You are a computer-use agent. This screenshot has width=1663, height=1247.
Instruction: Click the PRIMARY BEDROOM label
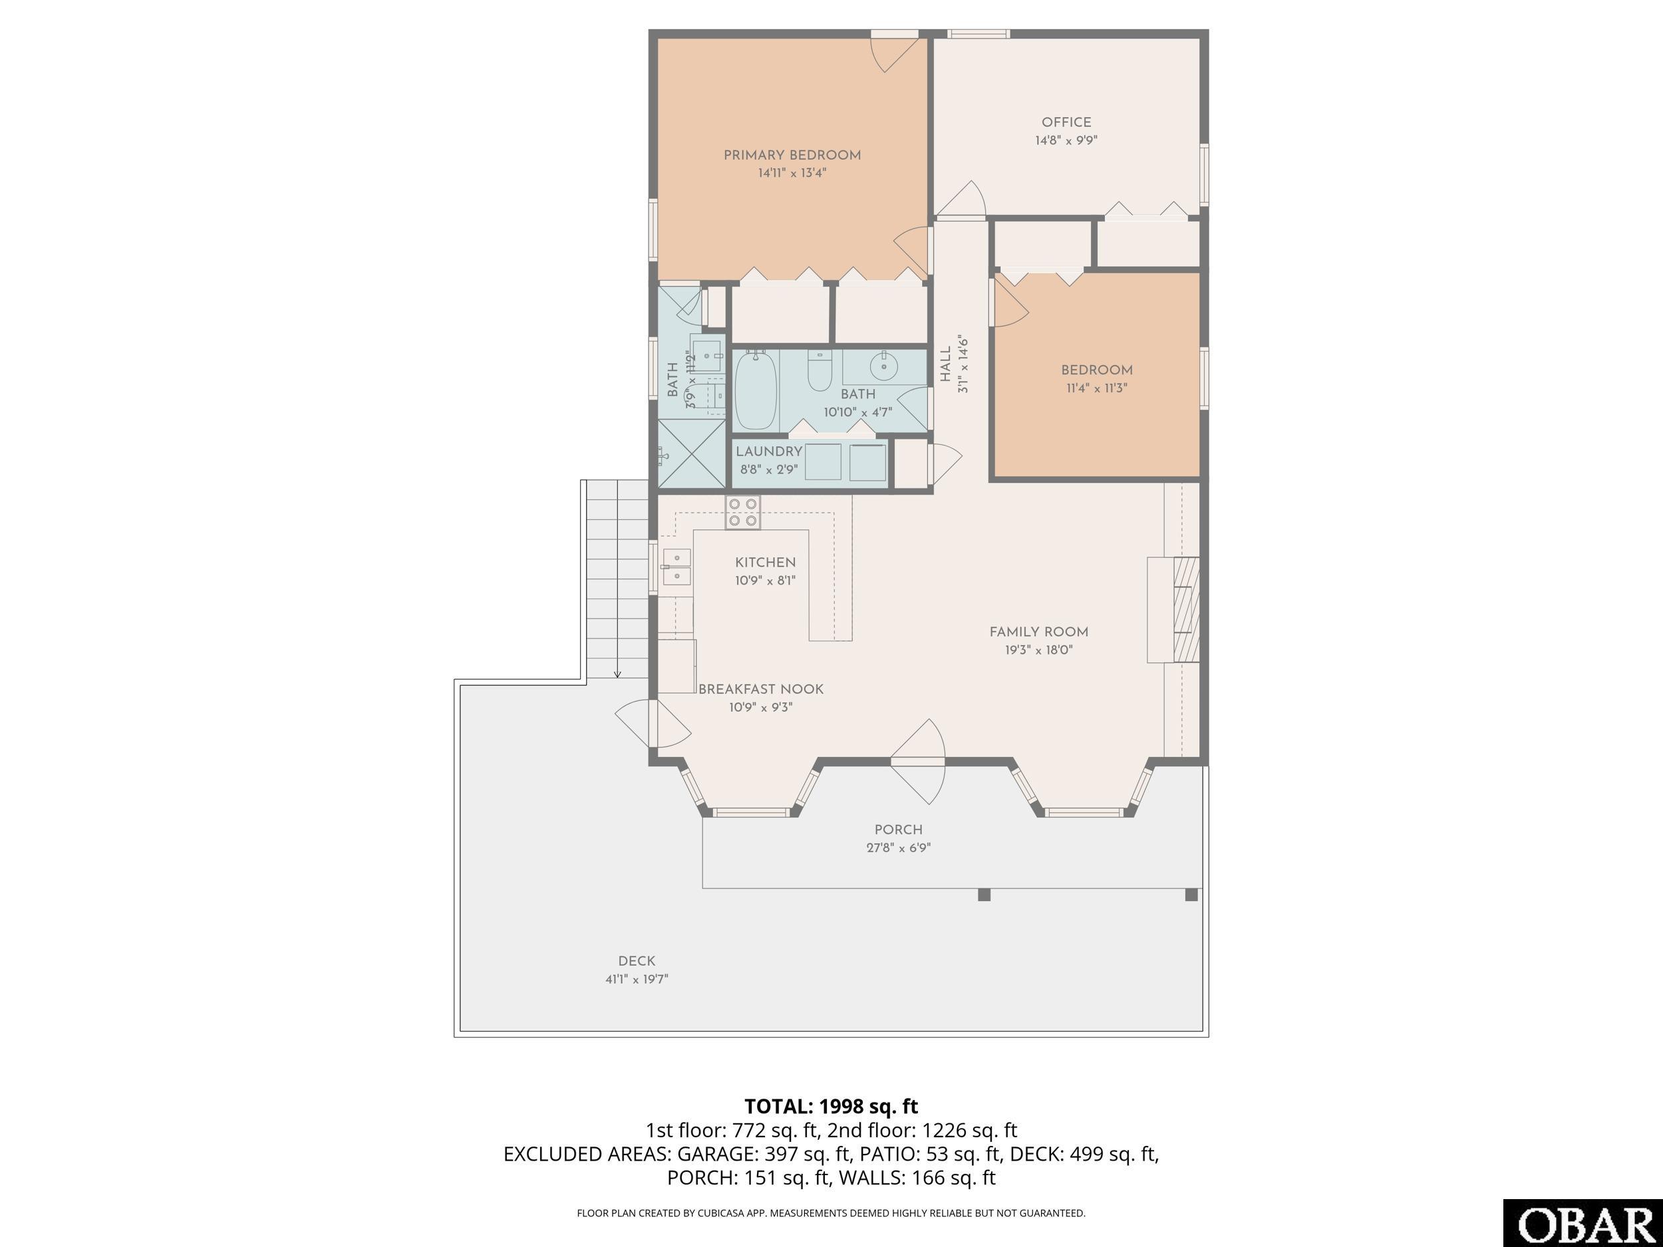792,155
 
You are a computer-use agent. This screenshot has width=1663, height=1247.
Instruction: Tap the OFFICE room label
1066,122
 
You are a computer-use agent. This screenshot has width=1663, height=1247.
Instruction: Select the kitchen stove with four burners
743,512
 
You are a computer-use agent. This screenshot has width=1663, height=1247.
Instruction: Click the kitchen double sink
677,567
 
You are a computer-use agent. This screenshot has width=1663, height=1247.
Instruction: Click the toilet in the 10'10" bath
820,370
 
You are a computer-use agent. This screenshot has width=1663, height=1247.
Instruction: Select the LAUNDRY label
769,451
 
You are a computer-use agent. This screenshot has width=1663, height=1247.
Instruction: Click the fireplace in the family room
1173,610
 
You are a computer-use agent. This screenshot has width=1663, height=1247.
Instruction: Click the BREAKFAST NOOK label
761,688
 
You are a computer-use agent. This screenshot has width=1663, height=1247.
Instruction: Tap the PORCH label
899,829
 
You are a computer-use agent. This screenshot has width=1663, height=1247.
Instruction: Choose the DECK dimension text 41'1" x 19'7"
637,979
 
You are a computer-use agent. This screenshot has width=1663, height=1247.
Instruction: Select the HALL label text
945,363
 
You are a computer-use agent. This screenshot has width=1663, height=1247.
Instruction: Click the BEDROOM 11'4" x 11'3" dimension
1097,388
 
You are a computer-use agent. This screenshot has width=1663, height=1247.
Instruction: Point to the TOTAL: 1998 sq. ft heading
831,1106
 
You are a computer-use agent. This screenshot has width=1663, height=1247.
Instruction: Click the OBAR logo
1583,1223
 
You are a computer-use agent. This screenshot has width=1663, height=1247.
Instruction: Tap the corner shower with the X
692,454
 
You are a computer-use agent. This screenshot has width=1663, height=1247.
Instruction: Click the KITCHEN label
766,562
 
